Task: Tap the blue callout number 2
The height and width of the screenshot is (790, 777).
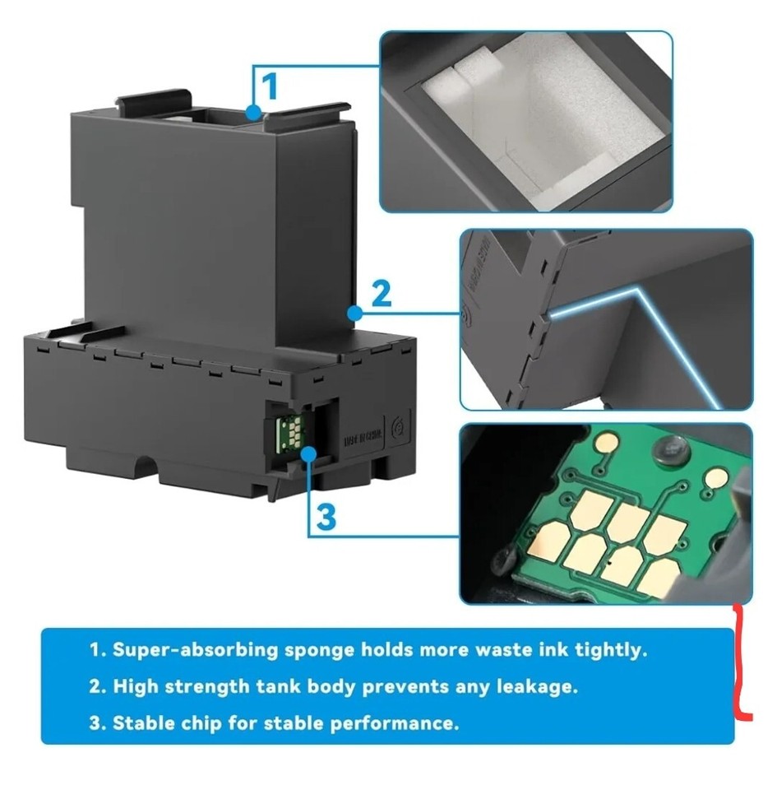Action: [381, 294]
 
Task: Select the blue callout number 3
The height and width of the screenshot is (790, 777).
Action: [326, 517]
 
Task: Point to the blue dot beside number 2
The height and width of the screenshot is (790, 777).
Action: [354, 313]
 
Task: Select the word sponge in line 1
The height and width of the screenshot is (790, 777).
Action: [316, 650]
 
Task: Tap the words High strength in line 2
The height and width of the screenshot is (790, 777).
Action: [178, 686]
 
